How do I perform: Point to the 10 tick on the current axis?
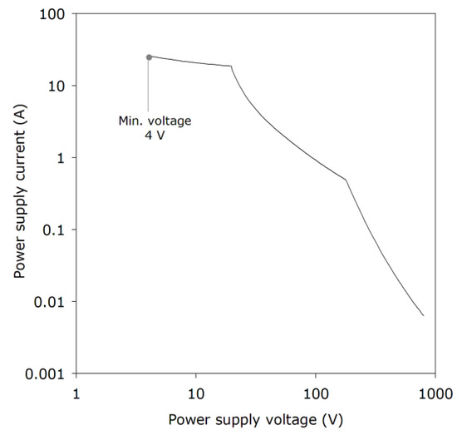tap(58, 86)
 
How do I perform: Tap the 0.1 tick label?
tap(57, 230)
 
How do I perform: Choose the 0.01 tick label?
tap(53, 301)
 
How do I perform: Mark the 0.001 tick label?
tap(49, 373)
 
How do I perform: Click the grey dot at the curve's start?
tap(149, 57)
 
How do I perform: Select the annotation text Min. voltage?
tap(155, 121)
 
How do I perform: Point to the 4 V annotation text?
tap(155, 136)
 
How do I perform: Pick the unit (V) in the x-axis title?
tap(332, 418)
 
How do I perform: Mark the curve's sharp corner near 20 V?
tap(231, 67)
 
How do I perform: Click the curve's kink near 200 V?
tap(346, 180)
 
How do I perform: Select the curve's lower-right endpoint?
tap(424, 316)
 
